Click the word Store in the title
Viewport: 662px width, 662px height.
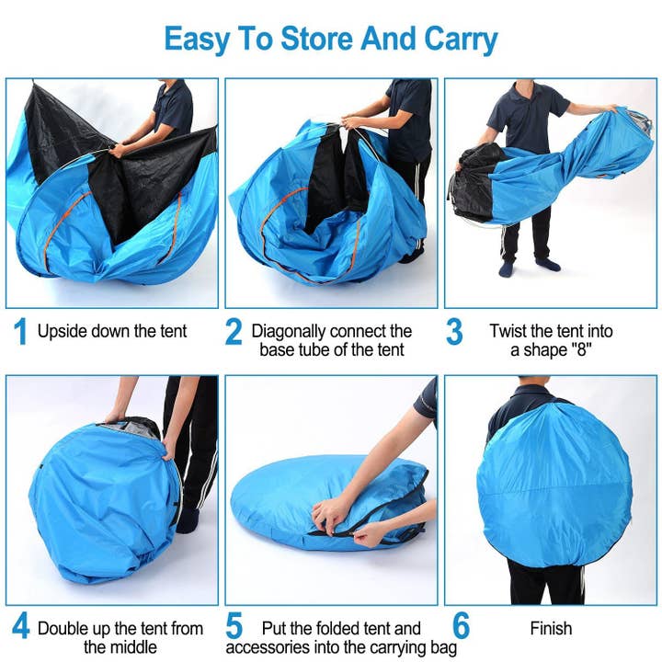[307, 40]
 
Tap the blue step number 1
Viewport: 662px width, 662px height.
[19, 332]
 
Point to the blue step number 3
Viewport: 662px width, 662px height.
[454, 332]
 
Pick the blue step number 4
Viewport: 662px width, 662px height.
[19, 630]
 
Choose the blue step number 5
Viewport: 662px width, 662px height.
[234, 629]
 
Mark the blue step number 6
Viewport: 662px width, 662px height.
[461, 629]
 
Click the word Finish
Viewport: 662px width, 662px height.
[551, 630]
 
